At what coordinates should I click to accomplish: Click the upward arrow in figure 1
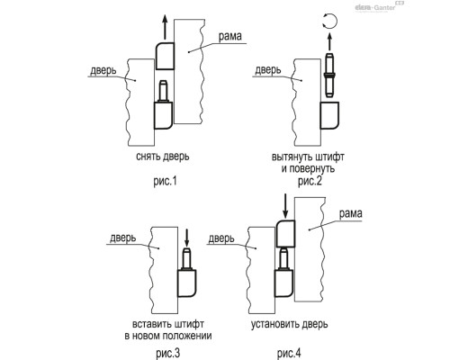point(164,27)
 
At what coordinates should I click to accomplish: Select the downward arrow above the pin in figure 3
point(186,238)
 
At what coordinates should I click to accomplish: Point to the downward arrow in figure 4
point(285,206)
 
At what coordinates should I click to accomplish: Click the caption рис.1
point(165,182)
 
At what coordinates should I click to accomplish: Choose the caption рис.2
point(310,181)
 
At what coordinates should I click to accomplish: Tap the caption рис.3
point(168,353)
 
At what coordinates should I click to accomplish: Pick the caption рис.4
point(289,353)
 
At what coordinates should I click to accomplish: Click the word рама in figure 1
point(229,36)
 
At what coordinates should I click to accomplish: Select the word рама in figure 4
point(350,213)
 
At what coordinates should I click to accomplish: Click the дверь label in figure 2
point(268,70)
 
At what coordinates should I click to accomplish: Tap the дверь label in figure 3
point(123,238)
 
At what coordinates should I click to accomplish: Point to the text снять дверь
point(163,157)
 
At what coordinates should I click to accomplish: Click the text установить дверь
point(290,324)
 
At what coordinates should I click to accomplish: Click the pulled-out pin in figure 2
point(329,75)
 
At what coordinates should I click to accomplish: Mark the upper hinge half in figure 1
point(165,56)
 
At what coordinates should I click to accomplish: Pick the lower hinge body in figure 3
point(186,283)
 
